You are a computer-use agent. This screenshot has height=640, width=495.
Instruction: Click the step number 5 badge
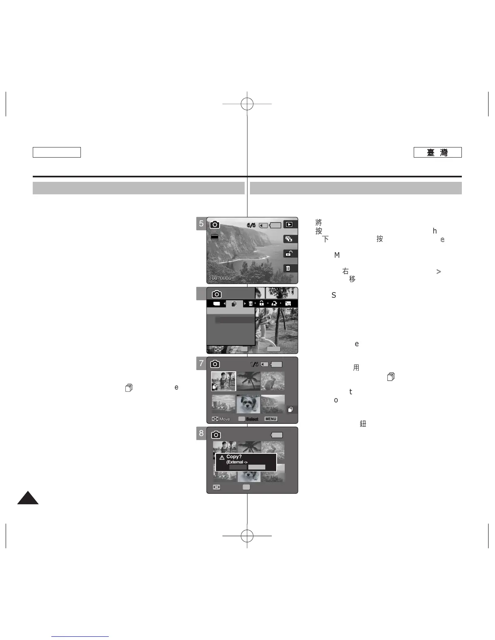(x=201, y=223)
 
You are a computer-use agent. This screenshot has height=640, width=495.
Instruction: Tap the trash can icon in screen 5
(x=288, y=268)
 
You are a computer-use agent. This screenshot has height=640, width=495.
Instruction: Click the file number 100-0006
(x=220, y=278)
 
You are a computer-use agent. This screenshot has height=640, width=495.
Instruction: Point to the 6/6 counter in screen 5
(x=251, y=225)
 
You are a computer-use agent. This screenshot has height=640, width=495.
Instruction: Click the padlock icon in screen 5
(x=288, y=254)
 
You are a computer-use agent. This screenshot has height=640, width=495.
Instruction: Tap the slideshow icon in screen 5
(x=289, y=239)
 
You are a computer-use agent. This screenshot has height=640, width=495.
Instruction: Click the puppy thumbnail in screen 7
(x=248, y=404)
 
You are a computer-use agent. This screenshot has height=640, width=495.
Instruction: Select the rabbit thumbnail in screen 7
(x=272, y=381)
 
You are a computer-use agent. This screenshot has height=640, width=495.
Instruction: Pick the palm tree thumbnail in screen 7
(x=248, y=381)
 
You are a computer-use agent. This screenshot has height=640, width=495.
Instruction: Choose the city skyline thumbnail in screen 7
(x=223, y=404)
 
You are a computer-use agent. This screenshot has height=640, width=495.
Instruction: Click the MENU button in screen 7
(x=271, y=419)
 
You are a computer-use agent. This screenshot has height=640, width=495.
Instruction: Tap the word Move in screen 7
(x=224, y=419)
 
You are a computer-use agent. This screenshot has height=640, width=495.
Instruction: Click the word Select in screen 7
(x=252, y=419)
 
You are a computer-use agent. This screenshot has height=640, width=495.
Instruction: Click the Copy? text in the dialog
(x=234, y=457)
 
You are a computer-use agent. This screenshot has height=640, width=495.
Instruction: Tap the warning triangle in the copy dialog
(x=222, y=458)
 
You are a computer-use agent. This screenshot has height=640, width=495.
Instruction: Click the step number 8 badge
(x=201, y=434)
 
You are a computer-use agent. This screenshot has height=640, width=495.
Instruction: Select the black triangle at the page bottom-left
(x=28, y=499)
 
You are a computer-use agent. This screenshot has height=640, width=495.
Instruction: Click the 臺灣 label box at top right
(x=437, y=152)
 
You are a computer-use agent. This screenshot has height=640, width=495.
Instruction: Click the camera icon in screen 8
(x=216, y=435)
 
